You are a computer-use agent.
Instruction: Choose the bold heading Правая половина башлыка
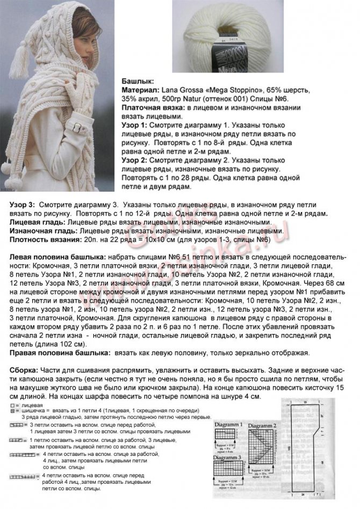click(60, 353)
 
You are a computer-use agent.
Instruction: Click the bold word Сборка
click(24, 370)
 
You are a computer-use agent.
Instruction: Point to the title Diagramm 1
click(229, 425)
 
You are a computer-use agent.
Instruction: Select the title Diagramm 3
click(229, 457)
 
